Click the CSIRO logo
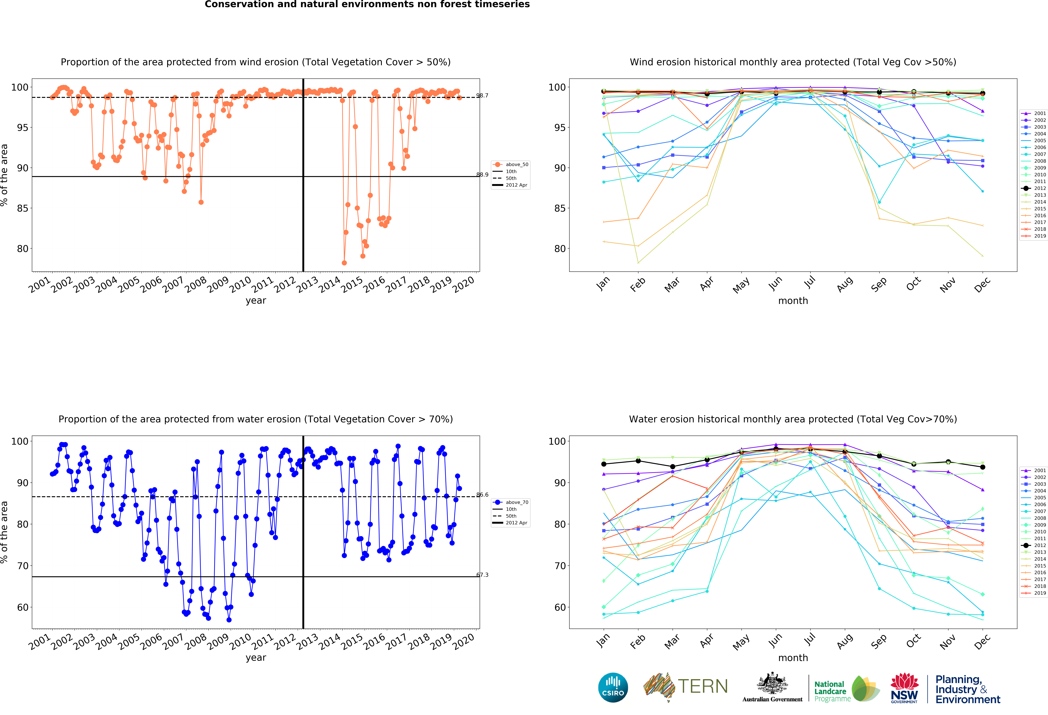[x=613, y=687]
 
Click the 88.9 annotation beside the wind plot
[x=482, y=175]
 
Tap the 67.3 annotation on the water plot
[x=482, y=575]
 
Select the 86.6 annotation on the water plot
[x=482, y=495]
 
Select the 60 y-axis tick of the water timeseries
[x=23, y=607]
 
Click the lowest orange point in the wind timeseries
[x=344, y=263]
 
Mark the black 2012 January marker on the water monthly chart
[x=604, y=464]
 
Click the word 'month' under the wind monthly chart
[x=793, y=301]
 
